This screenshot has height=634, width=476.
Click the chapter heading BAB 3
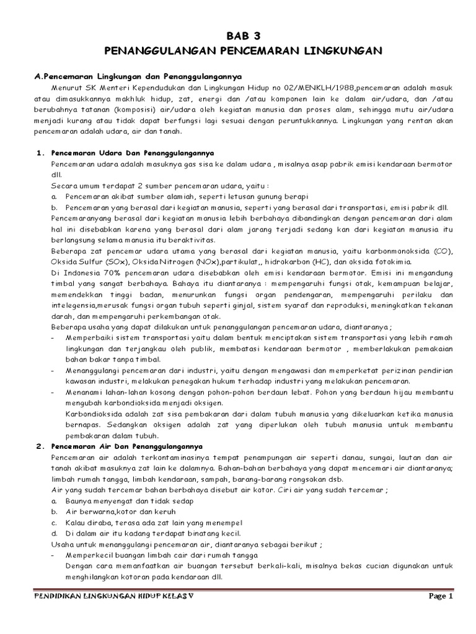237,36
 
